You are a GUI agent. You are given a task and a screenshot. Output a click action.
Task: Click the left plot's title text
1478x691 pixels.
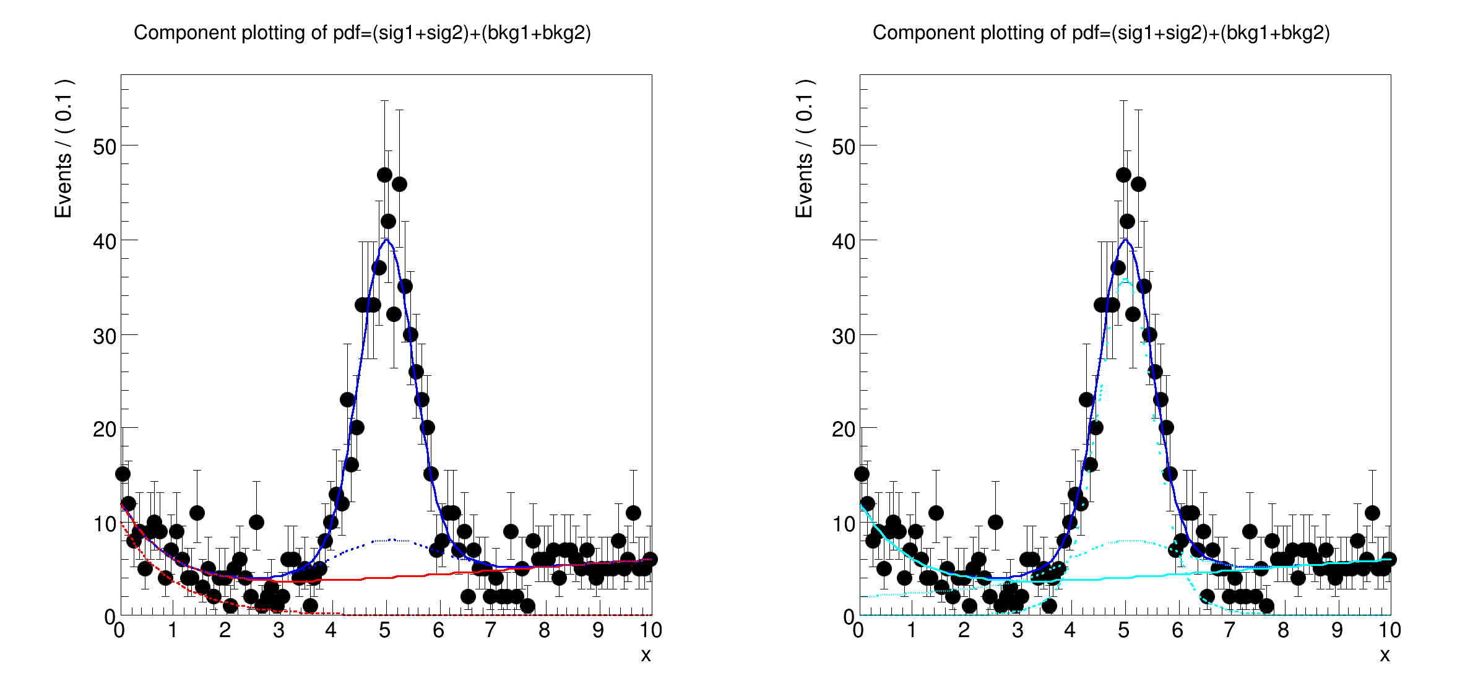(362, 33)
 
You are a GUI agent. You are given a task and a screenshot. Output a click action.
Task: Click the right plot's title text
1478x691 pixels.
(1101, 33)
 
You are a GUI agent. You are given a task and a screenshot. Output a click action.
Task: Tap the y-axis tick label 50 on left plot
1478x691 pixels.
(105, 147)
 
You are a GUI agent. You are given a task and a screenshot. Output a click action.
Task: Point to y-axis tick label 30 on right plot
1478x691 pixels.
(844, 337)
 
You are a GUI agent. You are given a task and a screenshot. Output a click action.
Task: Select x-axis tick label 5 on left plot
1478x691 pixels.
(385, 631)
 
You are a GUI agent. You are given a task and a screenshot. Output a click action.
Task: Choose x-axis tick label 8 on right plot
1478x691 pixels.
(1284, 631)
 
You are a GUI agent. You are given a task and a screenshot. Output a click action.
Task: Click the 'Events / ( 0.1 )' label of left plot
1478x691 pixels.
(64, 149)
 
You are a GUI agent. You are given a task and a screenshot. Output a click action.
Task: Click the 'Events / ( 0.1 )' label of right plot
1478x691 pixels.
(804, 149)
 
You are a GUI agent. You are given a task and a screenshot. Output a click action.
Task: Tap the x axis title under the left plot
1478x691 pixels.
(646, 655)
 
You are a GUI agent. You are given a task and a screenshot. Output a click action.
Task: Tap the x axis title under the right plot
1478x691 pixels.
(1385, 655)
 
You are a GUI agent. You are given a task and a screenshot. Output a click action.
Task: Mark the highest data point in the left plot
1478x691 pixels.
(384, 175)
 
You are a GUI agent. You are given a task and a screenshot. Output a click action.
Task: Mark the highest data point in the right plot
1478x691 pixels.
(1123, 175)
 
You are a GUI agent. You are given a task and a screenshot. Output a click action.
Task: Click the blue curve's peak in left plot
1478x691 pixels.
(386, 240)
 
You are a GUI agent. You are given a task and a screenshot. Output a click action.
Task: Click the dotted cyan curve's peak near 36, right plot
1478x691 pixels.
(1125, 279)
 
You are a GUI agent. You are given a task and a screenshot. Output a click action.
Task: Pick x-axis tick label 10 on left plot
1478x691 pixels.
(650, 631)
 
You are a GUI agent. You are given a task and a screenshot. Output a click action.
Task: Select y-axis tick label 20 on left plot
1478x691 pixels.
(105, 429)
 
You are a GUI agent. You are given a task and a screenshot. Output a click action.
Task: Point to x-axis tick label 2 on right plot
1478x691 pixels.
(964, 631)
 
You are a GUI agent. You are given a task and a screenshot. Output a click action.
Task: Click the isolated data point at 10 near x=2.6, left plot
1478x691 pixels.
(256, 523)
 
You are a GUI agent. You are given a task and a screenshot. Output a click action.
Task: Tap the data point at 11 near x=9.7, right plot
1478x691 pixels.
(1372, 513)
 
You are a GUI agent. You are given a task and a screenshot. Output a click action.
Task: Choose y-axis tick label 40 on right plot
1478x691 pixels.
(844, 242)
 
